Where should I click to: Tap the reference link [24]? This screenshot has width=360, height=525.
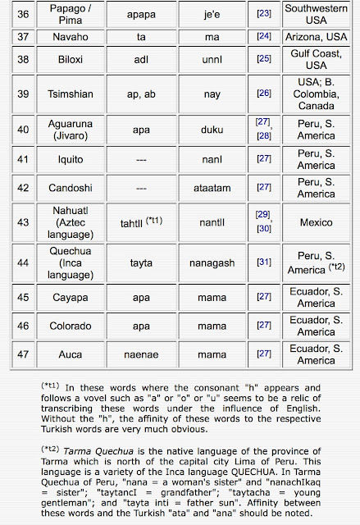pyautogui.click(x=263, y=36)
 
